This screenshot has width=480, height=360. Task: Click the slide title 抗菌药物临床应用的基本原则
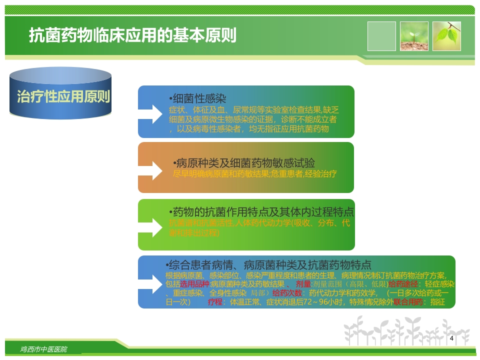click(x=132, y=36)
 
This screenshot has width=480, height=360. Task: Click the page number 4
click(x=452, y=338)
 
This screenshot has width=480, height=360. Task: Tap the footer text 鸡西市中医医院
click(x=44, y=349)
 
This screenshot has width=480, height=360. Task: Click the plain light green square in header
click(x=381, y=36)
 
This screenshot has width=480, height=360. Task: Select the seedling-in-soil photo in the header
click(x=414, y=36)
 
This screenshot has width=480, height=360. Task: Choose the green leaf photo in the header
click(x=446, y=36)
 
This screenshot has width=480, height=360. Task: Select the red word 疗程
click(x=215, y=302)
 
